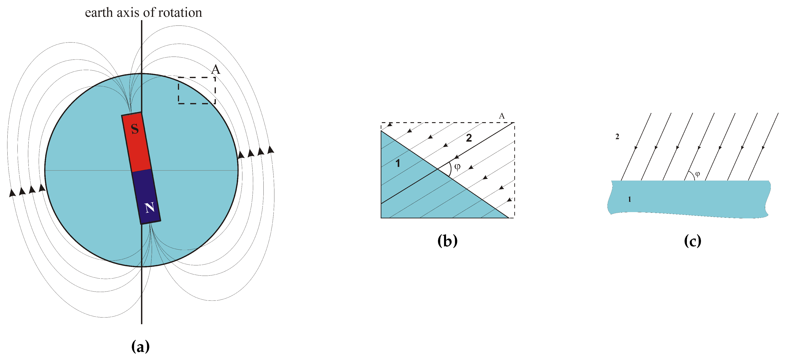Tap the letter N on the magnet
pyautogui.click(x=150, y=208)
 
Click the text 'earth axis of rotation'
pyautogui.click(x=143, y=13)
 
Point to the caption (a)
pyautogui.click(x=140, y=346)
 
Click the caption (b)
pyautogui.click(x=447, y=241)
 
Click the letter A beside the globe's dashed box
pyautogui.click(x=216, y=70)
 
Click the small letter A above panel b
pyautogui.click(x=502, y=116)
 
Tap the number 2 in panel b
pyautogui.click(x=469, y=138)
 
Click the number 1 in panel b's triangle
pyautogui.click(x=397, y=164)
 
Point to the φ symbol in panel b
pyautogui.click(x=457, y=167)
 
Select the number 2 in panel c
pyautogui.click(x=617, y=137)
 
